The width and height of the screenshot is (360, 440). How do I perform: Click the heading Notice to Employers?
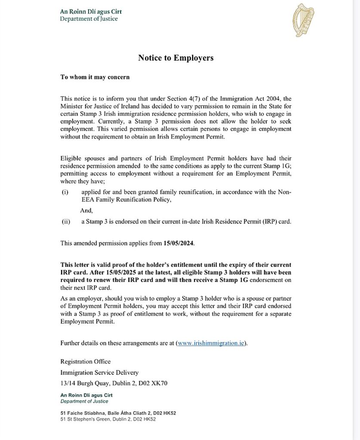tap(175, 58)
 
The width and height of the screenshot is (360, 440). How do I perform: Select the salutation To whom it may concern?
tap(95, 77)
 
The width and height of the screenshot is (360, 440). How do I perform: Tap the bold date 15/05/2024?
tap(178, 243)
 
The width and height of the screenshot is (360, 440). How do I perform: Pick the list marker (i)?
tap(65, 192)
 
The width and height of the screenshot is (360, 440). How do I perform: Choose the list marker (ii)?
tap(65, 222)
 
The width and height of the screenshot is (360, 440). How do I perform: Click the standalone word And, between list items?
tap(86, 211)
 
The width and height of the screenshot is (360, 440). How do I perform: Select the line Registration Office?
tap(85, 361)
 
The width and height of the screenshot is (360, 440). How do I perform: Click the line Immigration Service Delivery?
tap(99, 372)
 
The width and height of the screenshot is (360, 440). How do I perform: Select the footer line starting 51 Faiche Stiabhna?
tap(118, 413)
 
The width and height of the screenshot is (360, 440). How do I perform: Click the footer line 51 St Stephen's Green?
tap(108, 419)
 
